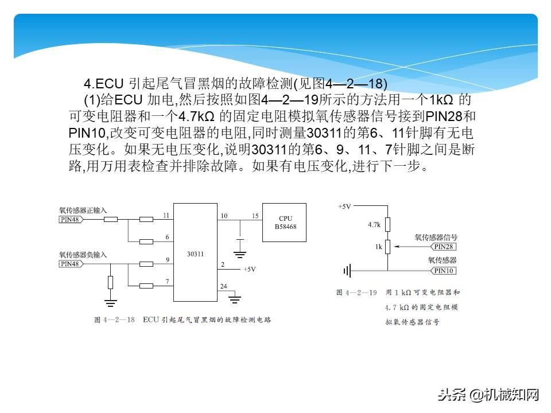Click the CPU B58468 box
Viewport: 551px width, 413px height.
285,223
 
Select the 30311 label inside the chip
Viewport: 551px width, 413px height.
196,253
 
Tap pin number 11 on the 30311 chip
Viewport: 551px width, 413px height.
166,215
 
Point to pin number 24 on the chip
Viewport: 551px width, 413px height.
223,286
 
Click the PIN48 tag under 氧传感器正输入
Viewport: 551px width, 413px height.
70,219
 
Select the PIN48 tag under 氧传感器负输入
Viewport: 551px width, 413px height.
70,264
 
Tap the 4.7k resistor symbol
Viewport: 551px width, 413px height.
387,224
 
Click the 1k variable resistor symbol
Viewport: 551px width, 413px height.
387,247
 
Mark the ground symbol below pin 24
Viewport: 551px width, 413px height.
235,298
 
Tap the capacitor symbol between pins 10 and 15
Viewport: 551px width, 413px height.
240,239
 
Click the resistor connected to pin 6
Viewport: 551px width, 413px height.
147,241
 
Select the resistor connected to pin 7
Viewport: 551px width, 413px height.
147,286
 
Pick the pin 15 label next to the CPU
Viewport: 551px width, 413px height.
255,216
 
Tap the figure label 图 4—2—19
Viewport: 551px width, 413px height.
356,293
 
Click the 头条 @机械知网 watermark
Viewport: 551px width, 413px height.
488,394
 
